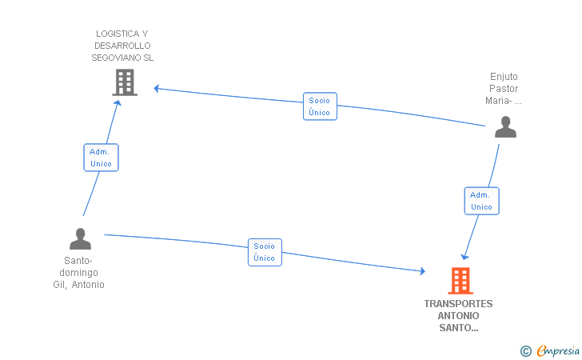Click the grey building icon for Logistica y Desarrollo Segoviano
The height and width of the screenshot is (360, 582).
pyautogui.click(x=124, y=82)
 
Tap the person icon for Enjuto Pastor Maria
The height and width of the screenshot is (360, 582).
pyautogui.click(x=504, y=126)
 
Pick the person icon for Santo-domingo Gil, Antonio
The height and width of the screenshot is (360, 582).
pyautogui.click(x=80, y=238)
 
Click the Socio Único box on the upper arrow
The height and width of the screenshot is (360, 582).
pyautogui.click(x=320, y=106)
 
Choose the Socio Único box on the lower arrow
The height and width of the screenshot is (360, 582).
pyautogui.click(x=265, y=252)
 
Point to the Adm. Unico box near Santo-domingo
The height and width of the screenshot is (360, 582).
pyautogui.click(x=101, y=158)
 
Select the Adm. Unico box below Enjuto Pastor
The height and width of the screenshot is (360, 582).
pyautogui.click(x=481, y=201)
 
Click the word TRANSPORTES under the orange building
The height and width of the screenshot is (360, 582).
pyautogui.click(x=459, y=304)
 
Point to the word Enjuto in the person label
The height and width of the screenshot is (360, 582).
pyautogui.click(x=504, y=77)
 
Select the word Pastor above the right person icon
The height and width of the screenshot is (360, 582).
pyautogui.click(x=504, y=89)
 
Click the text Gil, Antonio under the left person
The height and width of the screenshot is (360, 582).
pyautogui.click(x=78, y=285)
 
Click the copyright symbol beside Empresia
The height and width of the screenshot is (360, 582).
pyautogui.click(x=525, y=350)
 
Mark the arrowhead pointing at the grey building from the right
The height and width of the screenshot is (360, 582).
pyautogui.click(x=157, y=88)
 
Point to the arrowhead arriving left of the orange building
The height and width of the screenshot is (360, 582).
pyautogui.click(x=422, y=272)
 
